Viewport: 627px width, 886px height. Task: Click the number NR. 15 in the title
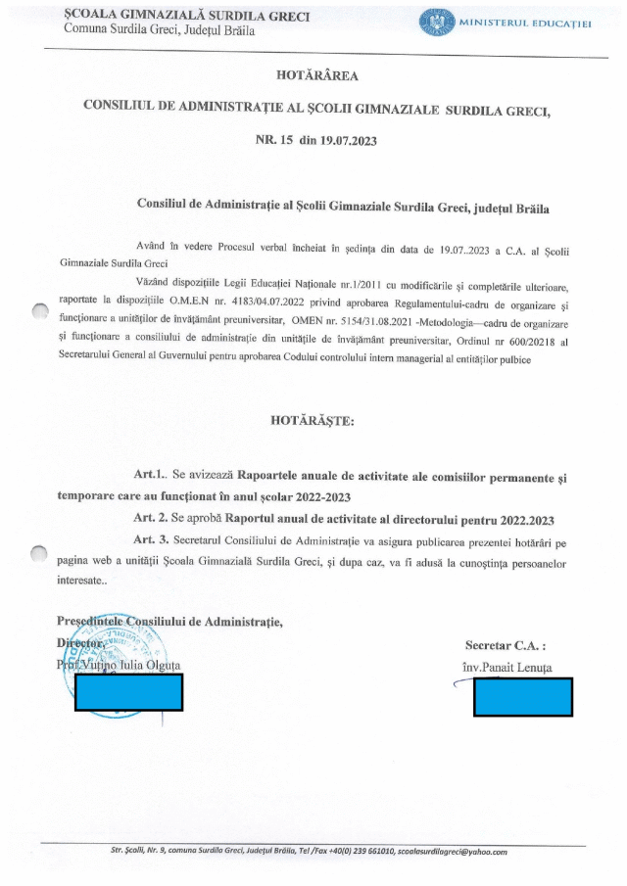[x=274, y=140]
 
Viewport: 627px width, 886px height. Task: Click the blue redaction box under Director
[x=128, y=691]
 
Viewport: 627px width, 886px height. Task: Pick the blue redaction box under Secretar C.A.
[x=522, y=696]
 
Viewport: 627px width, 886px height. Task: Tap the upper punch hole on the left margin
[x=39, y=311]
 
